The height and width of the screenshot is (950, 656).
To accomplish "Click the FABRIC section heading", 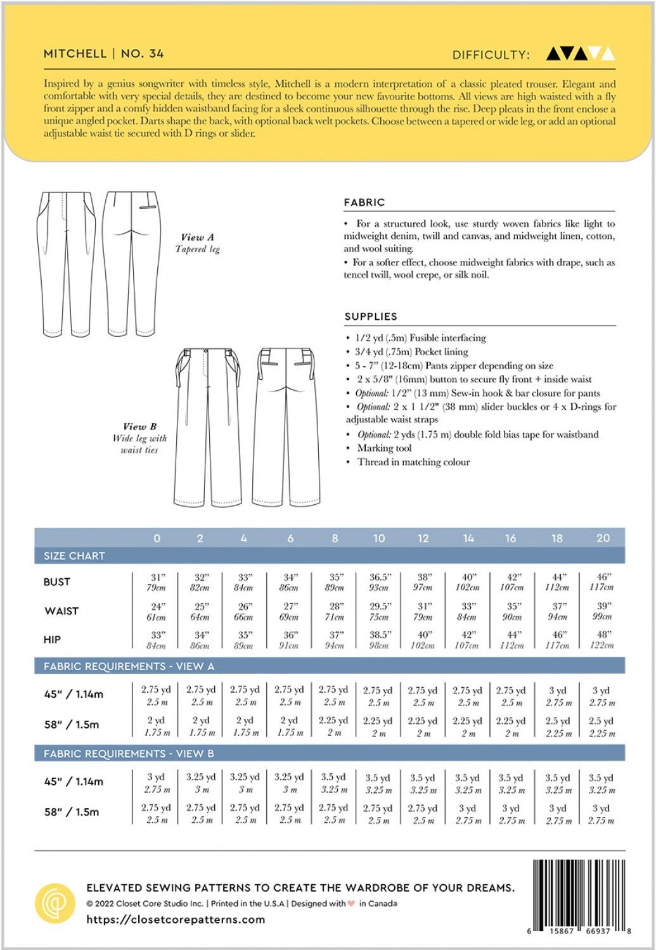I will (364, 203).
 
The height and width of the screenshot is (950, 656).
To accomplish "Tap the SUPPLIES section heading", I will (371, 317).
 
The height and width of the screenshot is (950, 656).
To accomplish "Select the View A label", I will (197, 237).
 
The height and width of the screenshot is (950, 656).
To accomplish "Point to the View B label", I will (139, 427).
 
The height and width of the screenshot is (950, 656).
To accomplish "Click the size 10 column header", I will (379, 538).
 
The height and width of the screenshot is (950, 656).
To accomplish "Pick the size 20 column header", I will (603, 538).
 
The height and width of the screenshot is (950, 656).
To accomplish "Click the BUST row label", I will (56, 582).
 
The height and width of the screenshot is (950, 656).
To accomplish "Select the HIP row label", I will (52, 640).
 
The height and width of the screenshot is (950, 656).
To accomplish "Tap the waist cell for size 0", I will (157, 611).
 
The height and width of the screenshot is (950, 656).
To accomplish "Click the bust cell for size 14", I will (468, 582).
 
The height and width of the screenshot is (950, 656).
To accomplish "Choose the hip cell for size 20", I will (603, 640).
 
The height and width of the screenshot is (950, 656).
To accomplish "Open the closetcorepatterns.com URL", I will (176, 920).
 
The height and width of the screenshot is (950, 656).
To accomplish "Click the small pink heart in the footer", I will (351, 904).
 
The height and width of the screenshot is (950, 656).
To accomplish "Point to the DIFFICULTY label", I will (491, 55).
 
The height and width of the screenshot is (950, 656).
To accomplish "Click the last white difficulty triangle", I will (607, 54).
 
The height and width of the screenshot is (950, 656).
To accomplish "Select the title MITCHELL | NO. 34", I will (104, 54).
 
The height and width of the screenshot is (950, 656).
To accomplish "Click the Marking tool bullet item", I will (384, 448).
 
